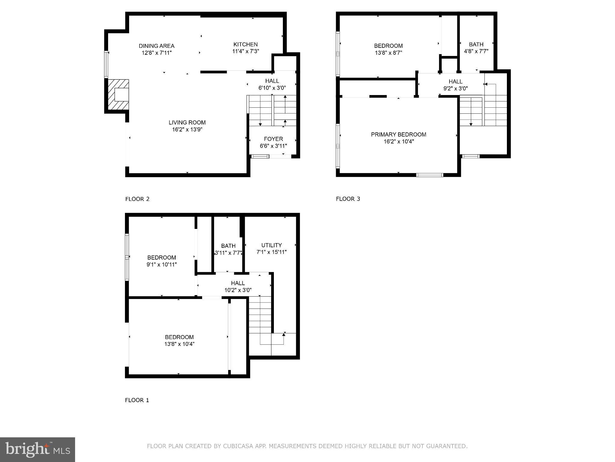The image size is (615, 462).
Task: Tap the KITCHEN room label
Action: point(245,45)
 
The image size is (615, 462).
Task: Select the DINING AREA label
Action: point(156,46)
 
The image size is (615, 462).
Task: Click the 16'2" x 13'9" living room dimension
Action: point(187,130)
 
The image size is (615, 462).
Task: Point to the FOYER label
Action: point(273,139)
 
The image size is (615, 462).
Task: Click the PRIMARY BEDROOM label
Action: point(398,134)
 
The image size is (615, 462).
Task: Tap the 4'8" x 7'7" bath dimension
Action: point(476,51)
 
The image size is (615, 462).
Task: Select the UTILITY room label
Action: point(271,245)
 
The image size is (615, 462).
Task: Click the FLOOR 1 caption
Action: point(137,400)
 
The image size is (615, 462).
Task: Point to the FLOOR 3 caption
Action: point(348,199)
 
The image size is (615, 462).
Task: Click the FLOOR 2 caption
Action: point(137,199)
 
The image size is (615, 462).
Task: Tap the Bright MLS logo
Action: point(38,449)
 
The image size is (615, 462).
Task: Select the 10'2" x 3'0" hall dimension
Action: point(238,290)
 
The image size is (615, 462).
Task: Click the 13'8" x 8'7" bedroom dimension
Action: point(388,53)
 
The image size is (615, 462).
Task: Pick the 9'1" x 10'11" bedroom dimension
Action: point(162,265)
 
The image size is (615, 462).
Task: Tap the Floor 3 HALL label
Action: point(455,82)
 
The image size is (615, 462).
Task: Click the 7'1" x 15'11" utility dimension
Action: point(271,252)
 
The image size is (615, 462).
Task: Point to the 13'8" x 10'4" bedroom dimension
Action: point(179,344)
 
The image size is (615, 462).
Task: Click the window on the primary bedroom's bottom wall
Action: point(430,175)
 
